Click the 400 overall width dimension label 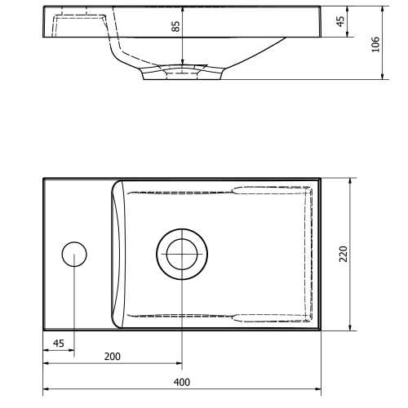182,382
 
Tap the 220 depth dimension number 344,254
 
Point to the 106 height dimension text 375,44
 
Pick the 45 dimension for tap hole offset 58,344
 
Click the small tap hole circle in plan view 74,255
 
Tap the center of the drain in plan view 181,254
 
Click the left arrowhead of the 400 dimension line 46,389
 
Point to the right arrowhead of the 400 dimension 317,389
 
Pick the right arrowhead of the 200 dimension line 179,364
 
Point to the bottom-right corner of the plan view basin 320,328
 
